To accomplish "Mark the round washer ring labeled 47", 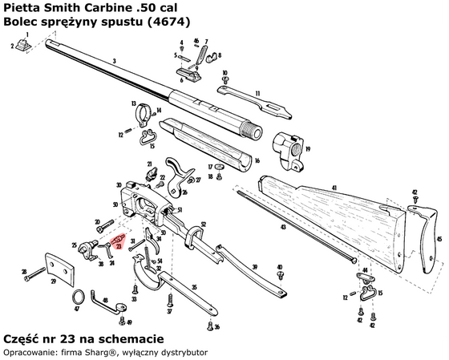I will tap(77, 297).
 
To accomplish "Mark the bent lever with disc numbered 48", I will tap(107, 303).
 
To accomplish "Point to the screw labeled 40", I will tap(279, 276).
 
